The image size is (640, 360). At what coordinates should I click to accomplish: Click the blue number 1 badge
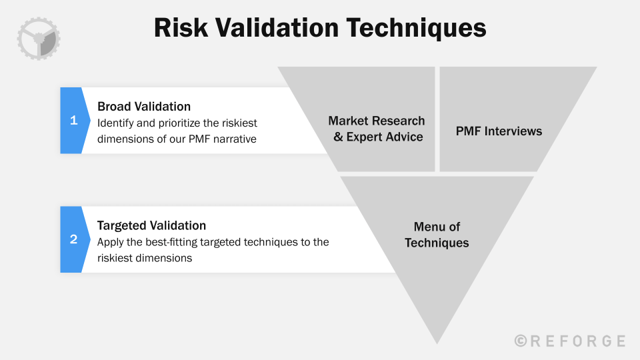click(73, 121)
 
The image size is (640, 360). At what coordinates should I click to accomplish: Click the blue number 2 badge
click(73, 239)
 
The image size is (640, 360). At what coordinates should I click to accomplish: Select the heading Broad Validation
click(144, 107)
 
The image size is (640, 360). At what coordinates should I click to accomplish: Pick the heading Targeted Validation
click(151, 225)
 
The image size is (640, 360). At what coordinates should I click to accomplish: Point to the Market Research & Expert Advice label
click(377, 129)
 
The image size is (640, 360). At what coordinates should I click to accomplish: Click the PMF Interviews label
click(499, 131)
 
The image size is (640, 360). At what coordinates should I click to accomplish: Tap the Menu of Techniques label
click(437, 235)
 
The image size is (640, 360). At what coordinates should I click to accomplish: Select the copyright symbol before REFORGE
click(521, 341)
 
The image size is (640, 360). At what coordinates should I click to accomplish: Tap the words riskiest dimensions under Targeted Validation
click(145, 257)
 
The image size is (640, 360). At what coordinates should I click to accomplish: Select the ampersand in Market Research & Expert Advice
click(338, 137)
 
